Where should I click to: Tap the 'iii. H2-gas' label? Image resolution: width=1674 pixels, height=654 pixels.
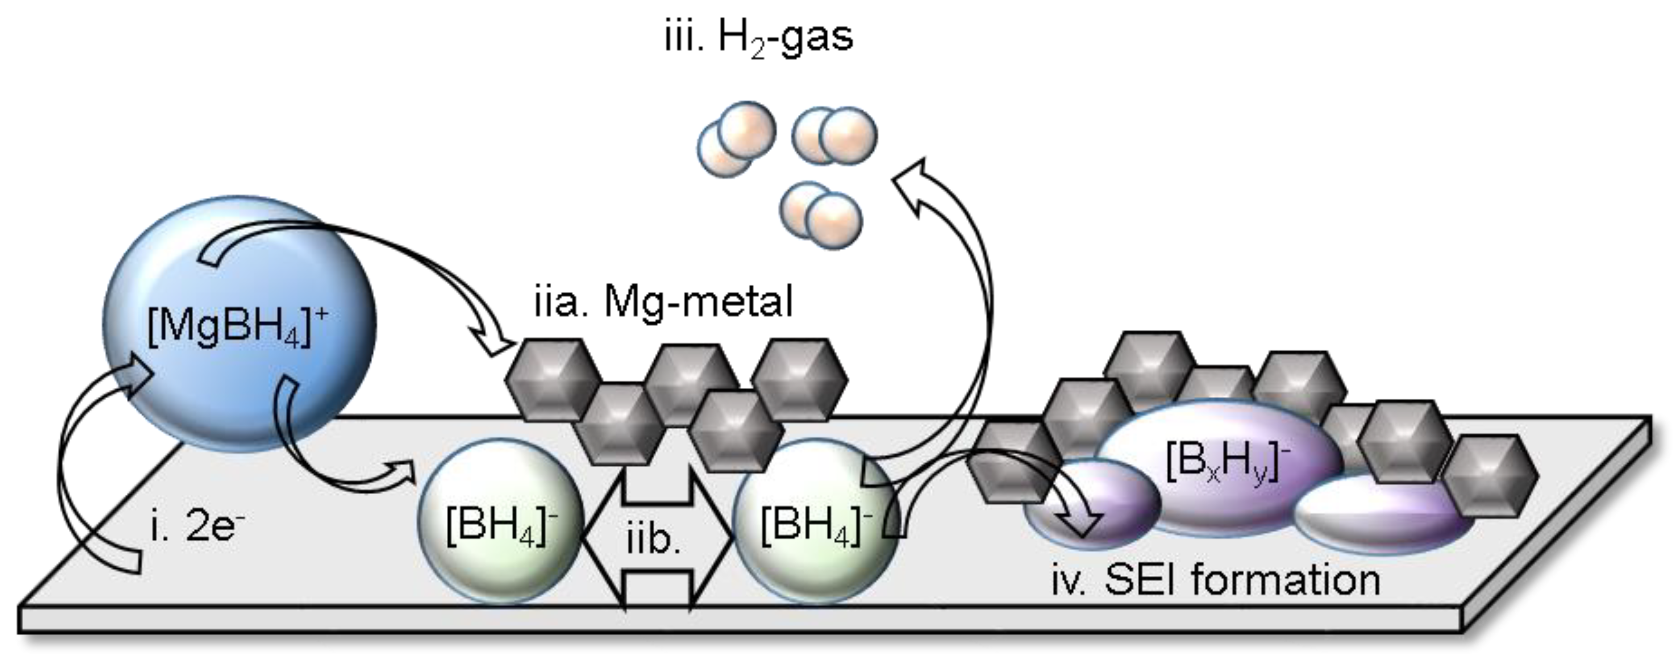[758, 37]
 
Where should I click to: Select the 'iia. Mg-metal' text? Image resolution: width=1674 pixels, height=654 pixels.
[663, 302]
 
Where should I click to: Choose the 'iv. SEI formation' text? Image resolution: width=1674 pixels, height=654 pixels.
[1215, 580]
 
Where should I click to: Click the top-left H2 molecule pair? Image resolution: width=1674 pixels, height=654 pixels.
[736, 138]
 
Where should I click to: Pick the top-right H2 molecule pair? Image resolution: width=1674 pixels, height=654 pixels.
[834, 135]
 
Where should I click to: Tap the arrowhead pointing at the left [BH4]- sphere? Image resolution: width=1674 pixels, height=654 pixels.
[403, 471]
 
